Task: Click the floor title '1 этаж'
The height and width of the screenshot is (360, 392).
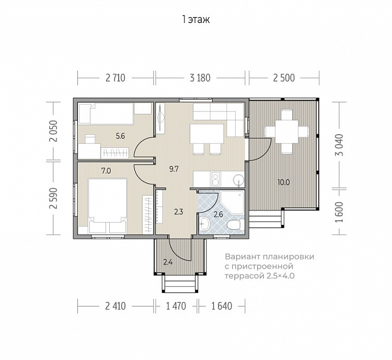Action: click(196, 19)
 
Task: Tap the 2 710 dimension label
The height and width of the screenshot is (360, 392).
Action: click(116, 78)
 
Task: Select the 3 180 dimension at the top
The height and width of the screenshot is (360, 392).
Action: click(200, 78)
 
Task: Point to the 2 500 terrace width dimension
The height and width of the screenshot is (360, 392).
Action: click(284, 78)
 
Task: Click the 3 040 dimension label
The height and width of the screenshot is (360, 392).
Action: click(339, 145)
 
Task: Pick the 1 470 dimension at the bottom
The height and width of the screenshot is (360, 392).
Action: click(176, 306)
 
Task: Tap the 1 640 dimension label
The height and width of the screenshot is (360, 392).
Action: click(222, 306)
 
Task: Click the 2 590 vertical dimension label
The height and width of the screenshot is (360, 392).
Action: click(53, 198)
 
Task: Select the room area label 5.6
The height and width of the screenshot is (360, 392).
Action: click(120, 136)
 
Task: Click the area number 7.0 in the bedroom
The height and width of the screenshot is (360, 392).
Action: click(106, 171)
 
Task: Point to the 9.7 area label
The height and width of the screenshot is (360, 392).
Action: click(174, 169)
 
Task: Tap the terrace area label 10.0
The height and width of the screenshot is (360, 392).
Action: click(284, 182)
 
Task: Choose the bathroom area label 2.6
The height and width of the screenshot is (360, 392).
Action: click(218, 215)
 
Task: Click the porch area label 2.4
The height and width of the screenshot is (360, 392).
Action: click(168, 262)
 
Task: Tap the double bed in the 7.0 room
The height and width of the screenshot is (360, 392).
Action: click(108, 206)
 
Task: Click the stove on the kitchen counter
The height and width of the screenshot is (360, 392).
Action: click(215, 179)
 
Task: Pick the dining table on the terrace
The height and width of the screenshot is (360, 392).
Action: click(286, 132)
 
